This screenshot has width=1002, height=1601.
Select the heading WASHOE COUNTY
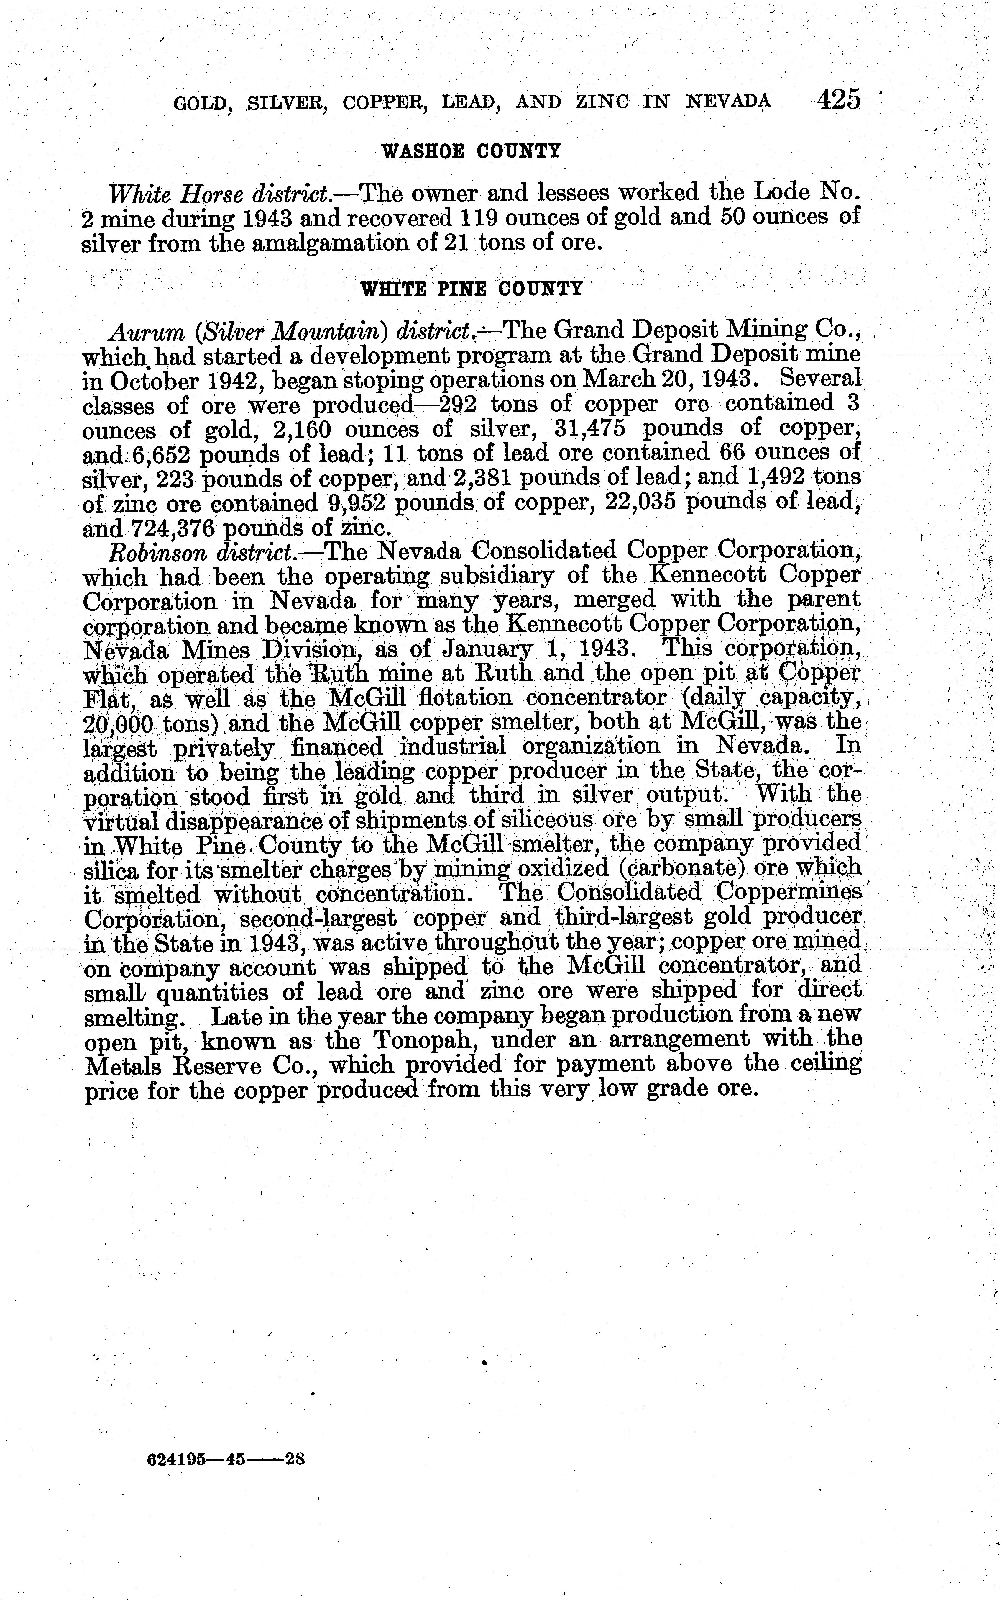471,151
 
